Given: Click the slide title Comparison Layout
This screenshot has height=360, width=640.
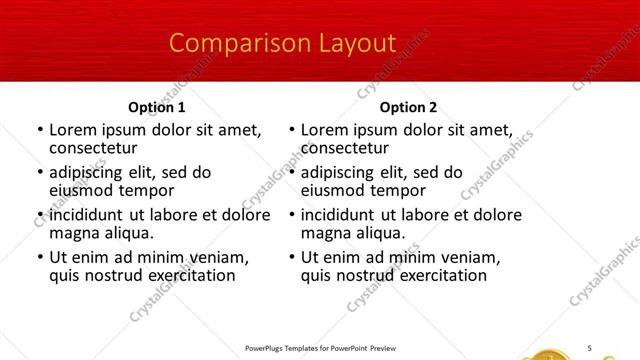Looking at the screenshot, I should click(x=283, y=44).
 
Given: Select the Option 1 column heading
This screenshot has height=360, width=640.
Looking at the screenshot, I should click(x=157, y=107).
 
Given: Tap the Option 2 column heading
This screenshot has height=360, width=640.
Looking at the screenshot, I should click(x=409, y=107).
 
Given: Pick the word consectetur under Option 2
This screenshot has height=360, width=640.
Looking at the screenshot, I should click(x=344, y=148).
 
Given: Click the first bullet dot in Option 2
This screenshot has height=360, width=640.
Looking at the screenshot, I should click(x=291, y=131).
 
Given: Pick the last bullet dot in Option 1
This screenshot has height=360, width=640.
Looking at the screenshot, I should click(x=40, y=258).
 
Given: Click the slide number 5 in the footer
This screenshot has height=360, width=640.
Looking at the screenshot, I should click(x=590, y=347).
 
